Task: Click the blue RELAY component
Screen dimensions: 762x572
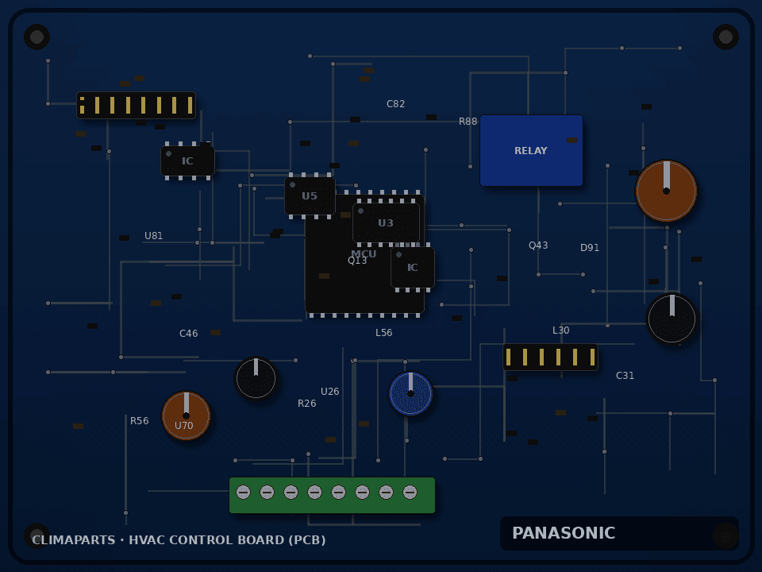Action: click(531, 150)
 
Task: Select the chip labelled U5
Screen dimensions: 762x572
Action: click(310, 195)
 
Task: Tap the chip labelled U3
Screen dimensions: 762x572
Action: click(386, 222)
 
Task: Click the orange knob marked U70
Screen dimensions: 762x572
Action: click(186, 415)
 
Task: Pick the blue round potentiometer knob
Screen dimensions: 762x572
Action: click(410, 393)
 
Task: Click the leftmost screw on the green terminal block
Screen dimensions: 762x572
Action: click(244, 493)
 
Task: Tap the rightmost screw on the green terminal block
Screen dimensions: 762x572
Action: click(410, 493)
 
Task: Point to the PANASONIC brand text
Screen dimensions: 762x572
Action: click(564, 533)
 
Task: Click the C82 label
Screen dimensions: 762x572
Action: click(395, 103)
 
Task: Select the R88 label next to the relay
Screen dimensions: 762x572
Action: click(468, 121)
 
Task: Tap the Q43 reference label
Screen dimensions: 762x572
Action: click(538, 245)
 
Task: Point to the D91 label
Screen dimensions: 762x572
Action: click(590, 248)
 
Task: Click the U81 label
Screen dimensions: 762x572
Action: click(153, 235)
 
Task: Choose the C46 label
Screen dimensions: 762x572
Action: click(189, 333)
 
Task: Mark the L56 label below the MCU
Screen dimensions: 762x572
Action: click(384, 333)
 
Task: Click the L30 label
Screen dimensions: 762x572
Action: click(561, 330)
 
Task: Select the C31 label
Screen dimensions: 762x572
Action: click(625, 376)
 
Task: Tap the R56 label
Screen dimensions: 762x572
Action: click(140, 421)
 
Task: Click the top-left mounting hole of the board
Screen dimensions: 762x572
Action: click(37, 37)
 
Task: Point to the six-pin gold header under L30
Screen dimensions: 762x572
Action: click(551, 357)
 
